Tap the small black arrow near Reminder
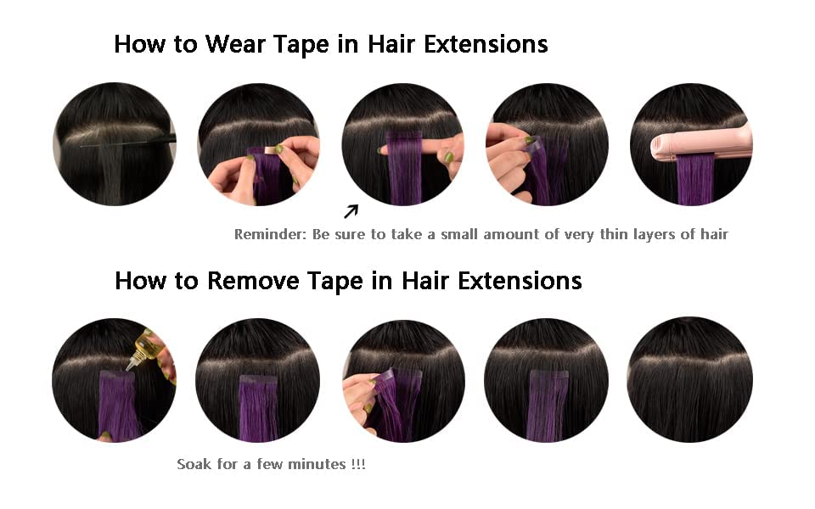click(351, 211)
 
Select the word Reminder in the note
click(268, 235)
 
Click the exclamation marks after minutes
click(357, 465)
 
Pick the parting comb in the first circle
click(127, 143)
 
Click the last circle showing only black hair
click(689, 379)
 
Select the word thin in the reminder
click(616, 235)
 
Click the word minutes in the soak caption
click(318, 465)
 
